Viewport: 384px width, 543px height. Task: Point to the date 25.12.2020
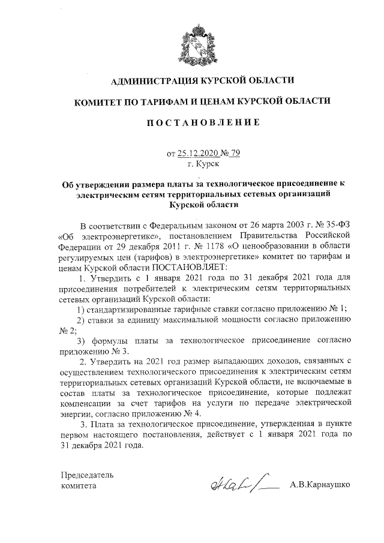click(202, 153)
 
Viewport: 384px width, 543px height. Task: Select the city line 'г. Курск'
click(203, 163)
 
